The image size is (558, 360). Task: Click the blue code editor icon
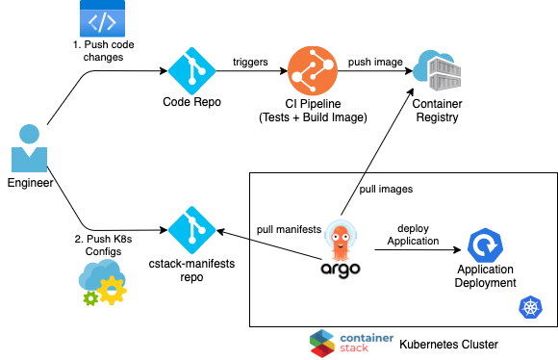[104, 20]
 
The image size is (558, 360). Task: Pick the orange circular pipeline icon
[311, 69]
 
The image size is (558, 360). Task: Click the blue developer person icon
[29, 148]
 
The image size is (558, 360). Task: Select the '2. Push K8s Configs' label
[103, 244]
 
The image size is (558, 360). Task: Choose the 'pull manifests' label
[288, 229]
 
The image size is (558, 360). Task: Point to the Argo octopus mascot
[341, 239]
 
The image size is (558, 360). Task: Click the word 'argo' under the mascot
[341, 269]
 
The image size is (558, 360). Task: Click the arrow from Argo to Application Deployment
[414, 249]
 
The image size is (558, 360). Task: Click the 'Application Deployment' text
[486, 276]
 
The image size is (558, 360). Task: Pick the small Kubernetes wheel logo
[530, 307]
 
